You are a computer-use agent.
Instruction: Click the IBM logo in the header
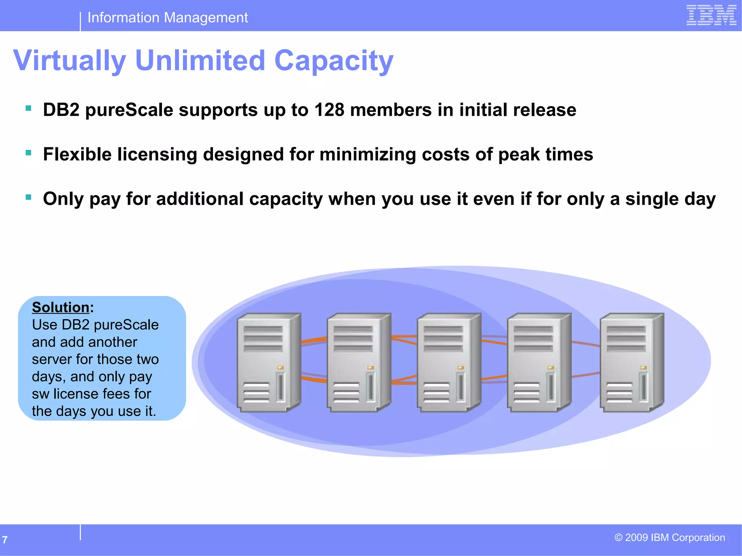coord(711,15)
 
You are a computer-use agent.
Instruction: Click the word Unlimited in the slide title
coord(200,60)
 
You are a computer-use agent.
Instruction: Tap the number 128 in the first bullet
coord(329,110)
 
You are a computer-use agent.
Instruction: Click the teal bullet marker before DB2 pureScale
coord(29,108)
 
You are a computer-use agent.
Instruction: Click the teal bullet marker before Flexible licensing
coord(29,153)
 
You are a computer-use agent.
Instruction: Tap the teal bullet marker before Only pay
coord(29,197)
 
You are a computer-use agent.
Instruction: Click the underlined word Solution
coord(61,307)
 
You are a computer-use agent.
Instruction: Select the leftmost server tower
coord(268,362)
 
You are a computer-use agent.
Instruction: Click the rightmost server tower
coord(631,362)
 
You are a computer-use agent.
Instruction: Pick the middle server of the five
coord(449,362)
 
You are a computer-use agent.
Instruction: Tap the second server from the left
coord(359,362)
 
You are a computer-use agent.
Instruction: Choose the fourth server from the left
coord(539,362)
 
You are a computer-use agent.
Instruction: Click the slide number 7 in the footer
coord(5,540)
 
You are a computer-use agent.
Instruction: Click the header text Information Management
coord(168,17)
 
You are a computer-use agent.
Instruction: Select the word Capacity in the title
coord(334,60)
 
